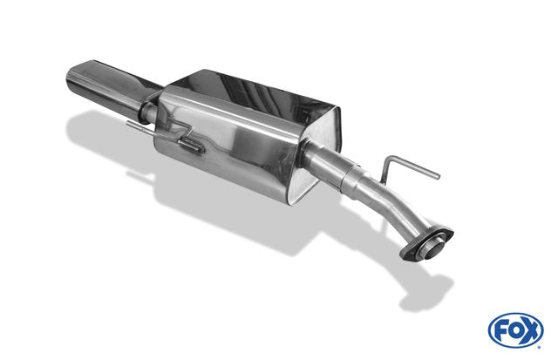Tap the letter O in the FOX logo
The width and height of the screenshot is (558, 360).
[x=515, y=331]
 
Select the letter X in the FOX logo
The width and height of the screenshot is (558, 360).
[x=531, y=331]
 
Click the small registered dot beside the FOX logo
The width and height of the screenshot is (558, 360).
[x=540, y=347]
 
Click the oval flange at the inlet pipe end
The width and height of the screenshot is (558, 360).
[x=426, y=243]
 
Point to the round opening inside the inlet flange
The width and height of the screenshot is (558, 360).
[x=430, y=247]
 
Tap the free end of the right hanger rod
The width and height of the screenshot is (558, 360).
[x=438, y=176]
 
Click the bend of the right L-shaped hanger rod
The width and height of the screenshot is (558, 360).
[x=390, y=159]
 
